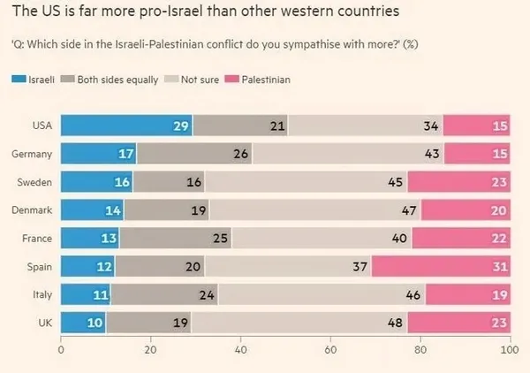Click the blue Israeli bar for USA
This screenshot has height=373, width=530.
[x=126, y=126]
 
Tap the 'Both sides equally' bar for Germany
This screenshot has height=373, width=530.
[x=194, y=154]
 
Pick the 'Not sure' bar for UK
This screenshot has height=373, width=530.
[x=256, y=323]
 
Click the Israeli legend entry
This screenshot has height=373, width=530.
[x=35, y=80]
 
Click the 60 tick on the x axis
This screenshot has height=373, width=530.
[x=329, y=350]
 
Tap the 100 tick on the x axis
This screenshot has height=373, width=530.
[x=507, y=350]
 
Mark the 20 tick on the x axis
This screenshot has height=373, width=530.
[x=150, y=350]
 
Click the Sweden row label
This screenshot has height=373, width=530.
[x=33, y=182]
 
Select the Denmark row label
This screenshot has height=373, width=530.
[x=31, y=210]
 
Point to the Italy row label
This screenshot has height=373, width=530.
[x=39, y=294]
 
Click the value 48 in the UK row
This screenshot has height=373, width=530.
[x=395, y=323]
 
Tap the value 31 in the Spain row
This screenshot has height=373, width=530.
[x=499, y=266]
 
